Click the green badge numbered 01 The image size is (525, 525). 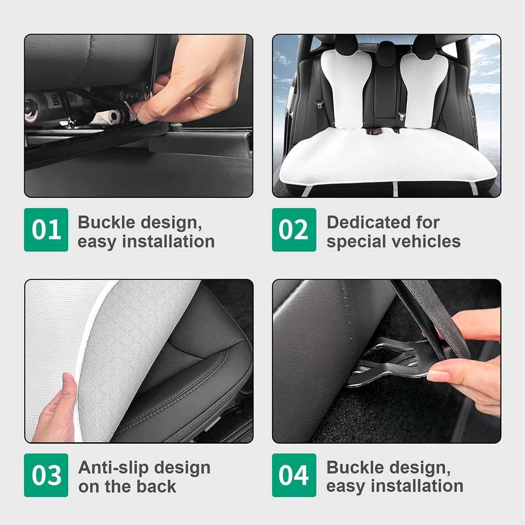46,230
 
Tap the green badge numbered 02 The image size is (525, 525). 294,230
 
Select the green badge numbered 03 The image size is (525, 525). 46,475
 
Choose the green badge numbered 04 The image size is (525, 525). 294,475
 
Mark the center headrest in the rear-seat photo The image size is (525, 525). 386,50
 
